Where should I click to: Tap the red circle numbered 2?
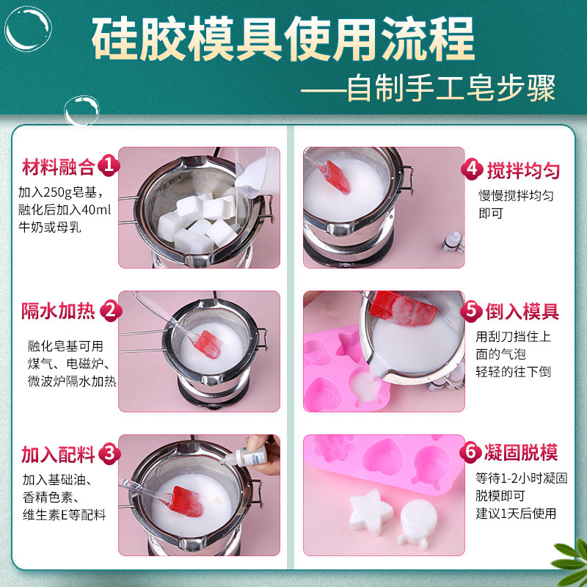[109, 310]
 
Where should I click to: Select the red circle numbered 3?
[109, 453]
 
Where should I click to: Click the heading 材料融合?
[57, 167]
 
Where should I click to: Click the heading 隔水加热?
[57, 311]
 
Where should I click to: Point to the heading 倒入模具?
[523, 311]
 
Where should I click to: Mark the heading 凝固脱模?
[523, 451]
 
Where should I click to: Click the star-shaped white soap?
[368, 514]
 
